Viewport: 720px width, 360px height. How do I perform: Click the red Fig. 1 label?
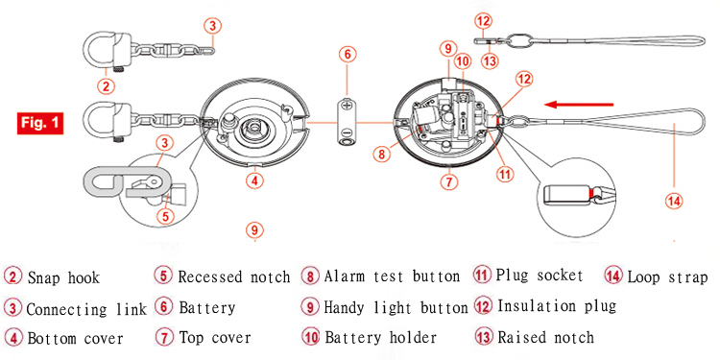click(40, 124)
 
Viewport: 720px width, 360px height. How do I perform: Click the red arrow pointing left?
click(579, 105)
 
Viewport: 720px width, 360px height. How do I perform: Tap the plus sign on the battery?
click(347, 105)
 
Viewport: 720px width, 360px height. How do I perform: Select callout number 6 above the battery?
click(348, 54)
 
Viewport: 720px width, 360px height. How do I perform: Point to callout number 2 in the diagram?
click(106, 84)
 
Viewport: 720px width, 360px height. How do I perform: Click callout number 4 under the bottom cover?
click(254, 180)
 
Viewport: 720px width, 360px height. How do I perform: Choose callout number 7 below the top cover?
click(449, 182)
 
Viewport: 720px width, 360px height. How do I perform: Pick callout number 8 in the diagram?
click(381, 154)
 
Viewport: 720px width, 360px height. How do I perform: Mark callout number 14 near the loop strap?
click(674, 201)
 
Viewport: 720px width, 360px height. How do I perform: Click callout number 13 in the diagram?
click(491, 61)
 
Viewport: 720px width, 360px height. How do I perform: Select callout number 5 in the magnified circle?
click(166, 216)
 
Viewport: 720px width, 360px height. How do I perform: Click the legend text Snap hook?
click(63, 277)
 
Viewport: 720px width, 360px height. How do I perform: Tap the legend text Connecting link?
click(86, 309)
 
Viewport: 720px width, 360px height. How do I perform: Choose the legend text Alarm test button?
click(392, 276)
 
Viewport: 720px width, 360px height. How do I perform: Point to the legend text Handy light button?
click(396, 307)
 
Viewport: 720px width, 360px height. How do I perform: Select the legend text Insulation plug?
click(557, 306)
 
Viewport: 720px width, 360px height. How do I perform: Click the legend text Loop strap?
click(667, 277)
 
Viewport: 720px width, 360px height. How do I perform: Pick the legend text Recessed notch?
click(234, 277)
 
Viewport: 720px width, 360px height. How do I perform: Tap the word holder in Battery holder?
click(413, 338)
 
